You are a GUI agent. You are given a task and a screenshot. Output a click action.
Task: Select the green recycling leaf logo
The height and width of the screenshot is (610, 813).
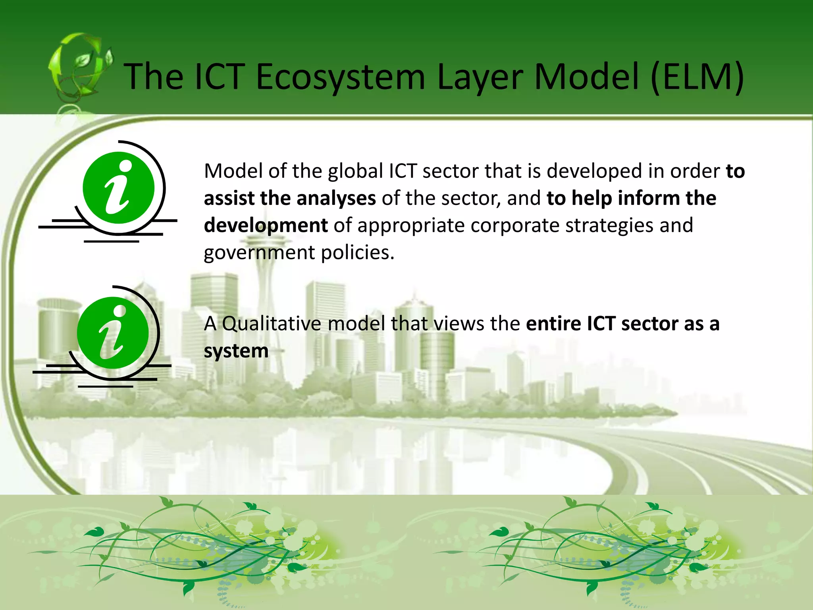coord(79,68)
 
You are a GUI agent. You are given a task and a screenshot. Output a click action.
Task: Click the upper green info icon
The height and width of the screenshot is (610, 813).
coord(118,187)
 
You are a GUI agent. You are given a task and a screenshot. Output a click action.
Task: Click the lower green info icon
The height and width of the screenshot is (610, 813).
coord(113,333)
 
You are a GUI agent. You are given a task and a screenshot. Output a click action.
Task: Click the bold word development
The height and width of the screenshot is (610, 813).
coord(266,225)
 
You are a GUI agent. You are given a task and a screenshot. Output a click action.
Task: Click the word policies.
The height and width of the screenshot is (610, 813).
coord(358,253)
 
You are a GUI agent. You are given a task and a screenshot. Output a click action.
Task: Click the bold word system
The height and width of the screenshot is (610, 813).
coord(236,351)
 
